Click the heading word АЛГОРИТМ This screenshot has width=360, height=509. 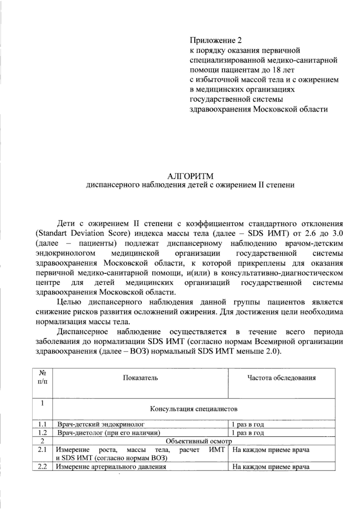tap(190, 175)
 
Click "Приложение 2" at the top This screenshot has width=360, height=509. tap(215, 40)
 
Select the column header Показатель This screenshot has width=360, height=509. tap(140, 378)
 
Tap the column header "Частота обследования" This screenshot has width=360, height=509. tap(281, 378)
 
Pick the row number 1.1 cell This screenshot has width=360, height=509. tap(43, 424)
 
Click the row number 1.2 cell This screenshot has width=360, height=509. tap(43, 433)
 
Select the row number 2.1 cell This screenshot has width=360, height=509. tap(43, 449)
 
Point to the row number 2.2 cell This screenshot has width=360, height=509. tap(43, 466)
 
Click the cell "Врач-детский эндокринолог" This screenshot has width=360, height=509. tap(101, 424)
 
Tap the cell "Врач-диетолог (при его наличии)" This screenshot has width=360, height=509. tap(109, 433)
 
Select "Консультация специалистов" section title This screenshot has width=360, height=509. tap(193, 409)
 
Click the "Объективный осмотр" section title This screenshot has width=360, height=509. tap(199, 441)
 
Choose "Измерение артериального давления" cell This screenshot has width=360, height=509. tap(111, 467)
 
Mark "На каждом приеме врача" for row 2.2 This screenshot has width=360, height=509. tap(271, 467)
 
